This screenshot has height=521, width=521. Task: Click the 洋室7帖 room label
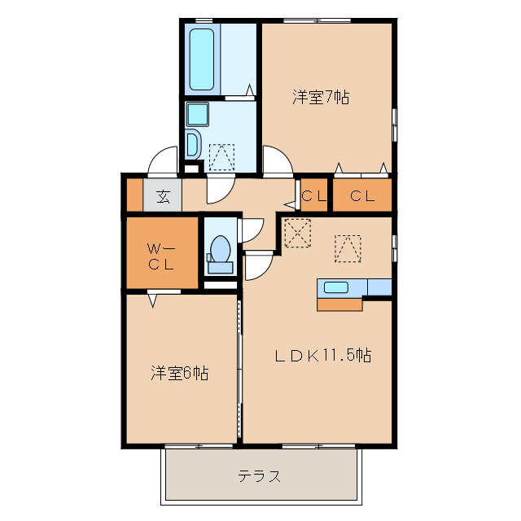322,98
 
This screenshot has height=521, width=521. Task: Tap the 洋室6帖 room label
179,374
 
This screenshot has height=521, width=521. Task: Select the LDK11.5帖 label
322,355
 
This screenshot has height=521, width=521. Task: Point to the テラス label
260,476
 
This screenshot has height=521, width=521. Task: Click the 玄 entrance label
163,196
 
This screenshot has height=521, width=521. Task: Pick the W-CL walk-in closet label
160,255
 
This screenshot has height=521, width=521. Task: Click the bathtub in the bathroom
201,58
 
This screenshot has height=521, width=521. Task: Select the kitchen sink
338,287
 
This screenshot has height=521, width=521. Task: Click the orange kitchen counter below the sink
339,304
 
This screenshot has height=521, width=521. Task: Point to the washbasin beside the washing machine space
192,144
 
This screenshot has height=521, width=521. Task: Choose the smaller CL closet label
314,195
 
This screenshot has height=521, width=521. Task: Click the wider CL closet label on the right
363,195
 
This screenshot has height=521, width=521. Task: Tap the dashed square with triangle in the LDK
347,248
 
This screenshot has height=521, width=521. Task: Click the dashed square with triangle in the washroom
221,155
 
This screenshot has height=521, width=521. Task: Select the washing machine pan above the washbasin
198,113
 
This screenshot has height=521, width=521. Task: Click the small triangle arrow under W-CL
153,300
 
